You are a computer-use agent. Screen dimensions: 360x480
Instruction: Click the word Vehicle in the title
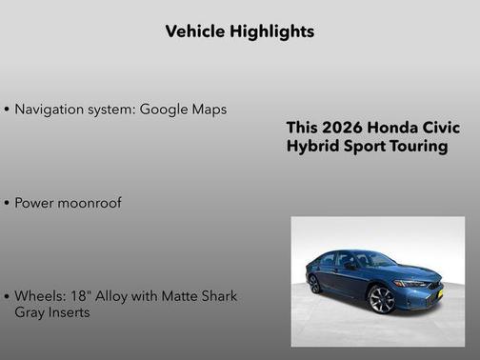[195, 31]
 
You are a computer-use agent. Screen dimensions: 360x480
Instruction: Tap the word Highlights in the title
[271, 31]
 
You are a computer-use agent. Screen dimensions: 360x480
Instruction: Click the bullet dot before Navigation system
[7, 110]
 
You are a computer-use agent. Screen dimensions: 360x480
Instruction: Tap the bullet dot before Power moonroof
[7, 203]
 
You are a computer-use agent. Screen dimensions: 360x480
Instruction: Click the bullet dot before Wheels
[7, 297]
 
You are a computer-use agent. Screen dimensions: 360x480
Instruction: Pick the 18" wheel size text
[79, 296]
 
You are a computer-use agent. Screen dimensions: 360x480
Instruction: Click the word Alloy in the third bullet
[112, 296]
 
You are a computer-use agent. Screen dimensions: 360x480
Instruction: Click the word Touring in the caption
[414, 147]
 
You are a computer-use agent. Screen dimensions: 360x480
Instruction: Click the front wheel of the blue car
[381, 299]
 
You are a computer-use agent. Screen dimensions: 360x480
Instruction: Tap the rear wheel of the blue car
[315, 283]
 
